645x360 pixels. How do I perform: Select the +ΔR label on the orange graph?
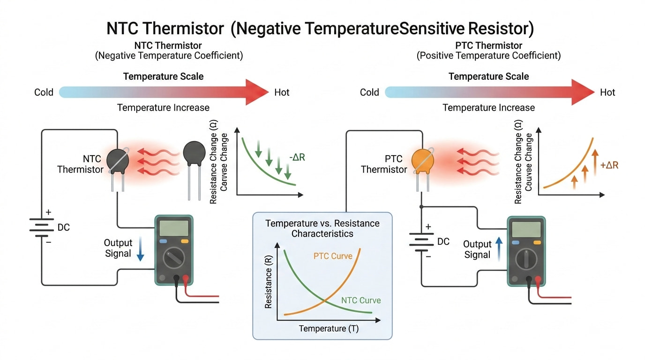609,165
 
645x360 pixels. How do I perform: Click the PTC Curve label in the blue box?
332,256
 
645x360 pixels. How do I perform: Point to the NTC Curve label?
361,300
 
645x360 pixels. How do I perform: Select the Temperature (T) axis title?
329,329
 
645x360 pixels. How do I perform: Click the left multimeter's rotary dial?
173,257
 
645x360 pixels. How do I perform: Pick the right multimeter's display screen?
526,229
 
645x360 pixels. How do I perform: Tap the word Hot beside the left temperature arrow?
282,92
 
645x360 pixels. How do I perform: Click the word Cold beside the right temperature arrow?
369,92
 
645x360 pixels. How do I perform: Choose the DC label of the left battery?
64,228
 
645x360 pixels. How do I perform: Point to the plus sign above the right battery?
428,227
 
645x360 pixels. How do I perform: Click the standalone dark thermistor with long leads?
194,155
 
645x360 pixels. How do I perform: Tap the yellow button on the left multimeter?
185,241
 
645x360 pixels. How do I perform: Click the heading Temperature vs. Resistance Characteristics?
322,228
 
